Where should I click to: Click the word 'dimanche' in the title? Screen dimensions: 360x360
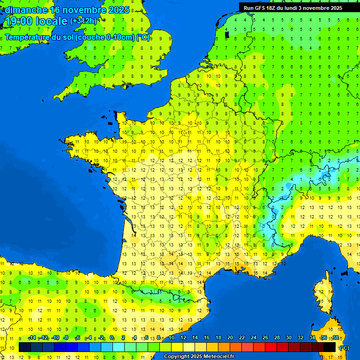tap(26, 10)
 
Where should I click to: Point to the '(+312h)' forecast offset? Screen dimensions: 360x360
tap(83, 21)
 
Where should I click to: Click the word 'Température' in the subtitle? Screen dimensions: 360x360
tap(28, 37)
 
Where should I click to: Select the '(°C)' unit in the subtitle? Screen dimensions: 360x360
tap(143, 37)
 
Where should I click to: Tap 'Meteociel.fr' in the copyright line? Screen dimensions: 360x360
tap(218, 356)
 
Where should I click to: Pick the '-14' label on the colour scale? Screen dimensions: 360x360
tap(32, 337)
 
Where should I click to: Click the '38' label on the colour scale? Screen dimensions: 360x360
tap(335, 337)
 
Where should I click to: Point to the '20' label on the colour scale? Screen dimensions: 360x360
tap(230, 337)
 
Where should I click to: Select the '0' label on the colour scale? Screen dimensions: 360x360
tap(112, 337)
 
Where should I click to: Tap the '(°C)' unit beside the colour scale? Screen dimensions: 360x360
tap(344, 347)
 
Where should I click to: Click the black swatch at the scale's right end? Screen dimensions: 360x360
tap(330, 347)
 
